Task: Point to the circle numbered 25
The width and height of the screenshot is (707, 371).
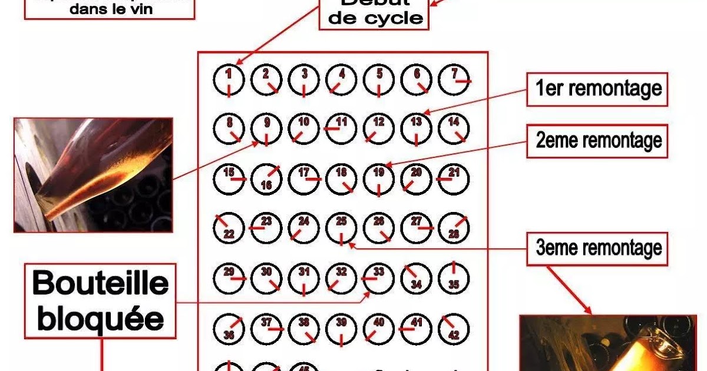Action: [x=341, y=227]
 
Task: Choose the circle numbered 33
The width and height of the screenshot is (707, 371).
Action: [x=379, y=277]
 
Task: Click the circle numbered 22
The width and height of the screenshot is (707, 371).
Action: [x=229, y=227]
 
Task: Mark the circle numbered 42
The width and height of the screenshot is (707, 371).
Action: [x=454, y=328]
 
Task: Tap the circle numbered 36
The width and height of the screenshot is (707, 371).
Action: [x=229, y=328]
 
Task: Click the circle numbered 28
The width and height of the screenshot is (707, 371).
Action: [x=454, y=227]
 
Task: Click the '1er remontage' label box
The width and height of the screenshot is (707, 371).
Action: [x=597, y=90]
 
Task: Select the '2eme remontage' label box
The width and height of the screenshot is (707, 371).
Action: [x=597, y=141]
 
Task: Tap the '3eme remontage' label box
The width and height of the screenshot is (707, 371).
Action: [x=597, y=247]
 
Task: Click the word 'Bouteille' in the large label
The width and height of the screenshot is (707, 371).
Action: [x=100, y=284]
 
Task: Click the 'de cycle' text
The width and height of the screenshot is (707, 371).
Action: [x=376, y=18]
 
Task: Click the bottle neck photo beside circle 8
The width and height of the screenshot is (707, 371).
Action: [x=93, y=174]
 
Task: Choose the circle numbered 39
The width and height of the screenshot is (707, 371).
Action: [x=341, y=328]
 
